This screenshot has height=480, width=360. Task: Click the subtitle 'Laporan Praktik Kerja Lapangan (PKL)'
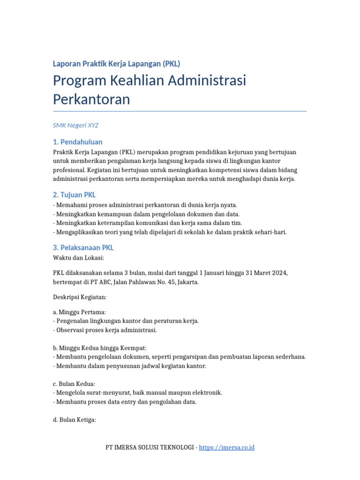tap(116, 64)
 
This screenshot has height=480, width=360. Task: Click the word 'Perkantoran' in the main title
tap(91, 99)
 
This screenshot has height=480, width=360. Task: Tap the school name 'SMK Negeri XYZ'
tap(76, 125)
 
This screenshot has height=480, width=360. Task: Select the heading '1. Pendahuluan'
tap(78, 142)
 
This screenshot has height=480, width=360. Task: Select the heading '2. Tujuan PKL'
tap(75, 195)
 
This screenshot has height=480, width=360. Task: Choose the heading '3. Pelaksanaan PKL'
tap(83, 247)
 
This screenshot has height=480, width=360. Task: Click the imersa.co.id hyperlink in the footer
tap(226, 448)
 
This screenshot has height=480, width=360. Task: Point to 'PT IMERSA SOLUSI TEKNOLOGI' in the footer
tap(149, 448)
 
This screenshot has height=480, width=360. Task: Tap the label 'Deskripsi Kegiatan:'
tap(80, 297)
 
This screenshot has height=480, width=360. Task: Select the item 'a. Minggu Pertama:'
tap(79, 312)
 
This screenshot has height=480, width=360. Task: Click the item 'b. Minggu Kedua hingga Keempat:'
tap(100, 348)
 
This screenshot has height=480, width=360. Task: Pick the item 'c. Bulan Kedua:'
tap(74, 383)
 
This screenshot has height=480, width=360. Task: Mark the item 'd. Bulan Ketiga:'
tap(75, 420)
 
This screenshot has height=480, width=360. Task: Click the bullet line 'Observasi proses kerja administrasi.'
tap(105, 330)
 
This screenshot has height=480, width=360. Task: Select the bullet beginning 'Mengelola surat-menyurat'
tap(138, 392)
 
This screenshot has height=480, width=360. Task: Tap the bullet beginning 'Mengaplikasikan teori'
tap(170, 232)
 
